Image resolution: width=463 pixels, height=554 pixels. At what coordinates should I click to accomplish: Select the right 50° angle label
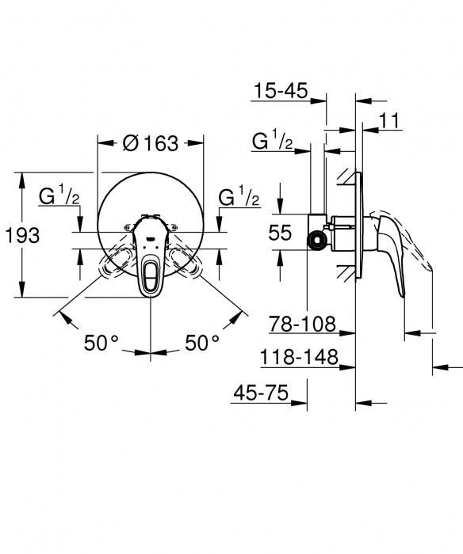[201, 343]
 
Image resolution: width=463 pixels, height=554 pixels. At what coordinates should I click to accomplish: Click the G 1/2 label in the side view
[273, 142]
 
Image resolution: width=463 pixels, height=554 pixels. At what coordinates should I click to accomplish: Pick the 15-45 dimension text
[280, 93]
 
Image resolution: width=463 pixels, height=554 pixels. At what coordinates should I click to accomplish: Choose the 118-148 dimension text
[298, 357]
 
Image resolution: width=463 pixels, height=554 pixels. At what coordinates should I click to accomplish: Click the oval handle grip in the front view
[150, 276]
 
